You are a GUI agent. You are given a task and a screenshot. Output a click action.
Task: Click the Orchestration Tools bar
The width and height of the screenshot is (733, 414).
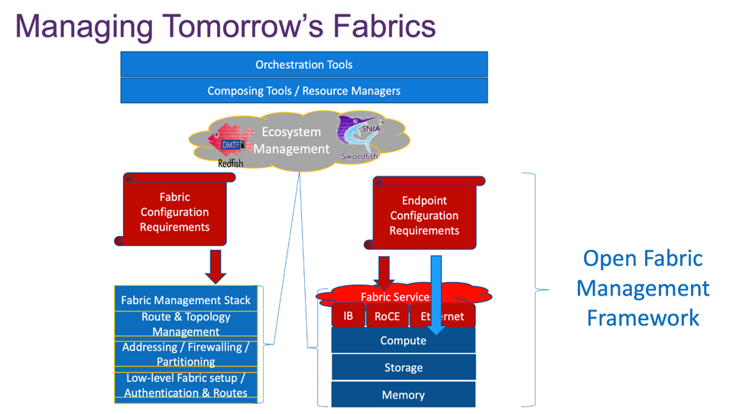click(303, 65)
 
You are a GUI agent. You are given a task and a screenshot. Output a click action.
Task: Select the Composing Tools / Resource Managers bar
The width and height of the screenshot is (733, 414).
click(303, 91)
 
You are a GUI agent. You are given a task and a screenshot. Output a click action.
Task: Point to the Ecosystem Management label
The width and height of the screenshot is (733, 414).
click(291, 141)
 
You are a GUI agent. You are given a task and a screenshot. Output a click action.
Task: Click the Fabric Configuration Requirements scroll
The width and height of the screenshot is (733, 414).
click(175, 212)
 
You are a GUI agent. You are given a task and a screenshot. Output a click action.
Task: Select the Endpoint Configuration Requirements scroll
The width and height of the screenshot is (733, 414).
click(424, 215)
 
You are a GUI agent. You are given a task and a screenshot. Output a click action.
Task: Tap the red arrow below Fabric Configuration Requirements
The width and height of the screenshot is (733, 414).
click(216, 266)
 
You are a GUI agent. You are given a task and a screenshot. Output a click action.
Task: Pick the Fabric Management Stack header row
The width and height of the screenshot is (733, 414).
click(186, 300)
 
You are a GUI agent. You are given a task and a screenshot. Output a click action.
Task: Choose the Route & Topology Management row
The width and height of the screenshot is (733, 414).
click(186, 324)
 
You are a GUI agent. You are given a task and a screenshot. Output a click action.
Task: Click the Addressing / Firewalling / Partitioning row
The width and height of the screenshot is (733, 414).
click(186, 354)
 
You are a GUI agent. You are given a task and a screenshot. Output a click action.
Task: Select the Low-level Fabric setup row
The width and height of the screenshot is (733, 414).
click(186, 385)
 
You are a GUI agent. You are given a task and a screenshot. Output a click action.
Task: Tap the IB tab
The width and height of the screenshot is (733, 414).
click(349, 315)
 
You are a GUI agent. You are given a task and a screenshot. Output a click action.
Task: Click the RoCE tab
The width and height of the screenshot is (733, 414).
click(388, 316)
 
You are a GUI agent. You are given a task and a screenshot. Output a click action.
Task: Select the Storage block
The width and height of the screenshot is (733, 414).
click(403, 367)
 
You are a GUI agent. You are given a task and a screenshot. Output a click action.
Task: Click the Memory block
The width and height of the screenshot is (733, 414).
click(403, 395)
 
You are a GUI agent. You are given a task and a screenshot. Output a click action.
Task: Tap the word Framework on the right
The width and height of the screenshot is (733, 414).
click(643, 317)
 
